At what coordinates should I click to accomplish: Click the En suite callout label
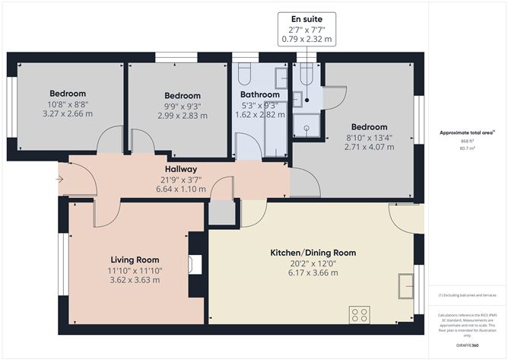306,18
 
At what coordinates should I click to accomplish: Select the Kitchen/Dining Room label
313,252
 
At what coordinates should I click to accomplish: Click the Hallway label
181,169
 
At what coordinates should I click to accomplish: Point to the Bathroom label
250,94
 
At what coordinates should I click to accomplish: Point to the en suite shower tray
307,130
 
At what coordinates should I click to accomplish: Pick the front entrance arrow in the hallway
60,180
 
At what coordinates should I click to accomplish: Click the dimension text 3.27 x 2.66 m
67,114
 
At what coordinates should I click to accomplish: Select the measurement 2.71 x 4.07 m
369,147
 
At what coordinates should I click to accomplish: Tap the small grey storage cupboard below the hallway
221,214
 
